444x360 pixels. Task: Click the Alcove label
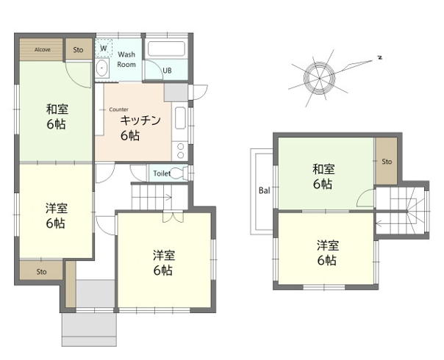[43, 49]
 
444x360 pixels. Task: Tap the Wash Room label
[126, 60]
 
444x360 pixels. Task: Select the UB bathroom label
[167, 71]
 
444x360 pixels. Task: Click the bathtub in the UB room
[166, 48]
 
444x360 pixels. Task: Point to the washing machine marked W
[104, 48]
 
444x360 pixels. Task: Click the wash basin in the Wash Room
[101, 68]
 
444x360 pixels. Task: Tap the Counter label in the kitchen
[118, 109]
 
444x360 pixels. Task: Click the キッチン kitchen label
[140, 120]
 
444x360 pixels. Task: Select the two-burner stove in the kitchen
[180, 151]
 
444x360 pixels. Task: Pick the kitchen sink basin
[180, 118]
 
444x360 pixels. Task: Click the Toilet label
[162, 173]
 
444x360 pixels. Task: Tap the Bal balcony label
[265, 190]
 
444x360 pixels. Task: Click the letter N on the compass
[380, 58]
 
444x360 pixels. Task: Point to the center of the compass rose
[319, 78]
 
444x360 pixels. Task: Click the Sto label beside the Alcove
[78, 50]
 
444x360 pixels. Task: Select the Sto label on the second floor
[387, 162]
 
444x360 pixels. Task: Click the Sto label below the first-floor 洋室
[41, 272]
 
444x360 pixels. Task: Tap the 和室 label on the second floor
[323, 170]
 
